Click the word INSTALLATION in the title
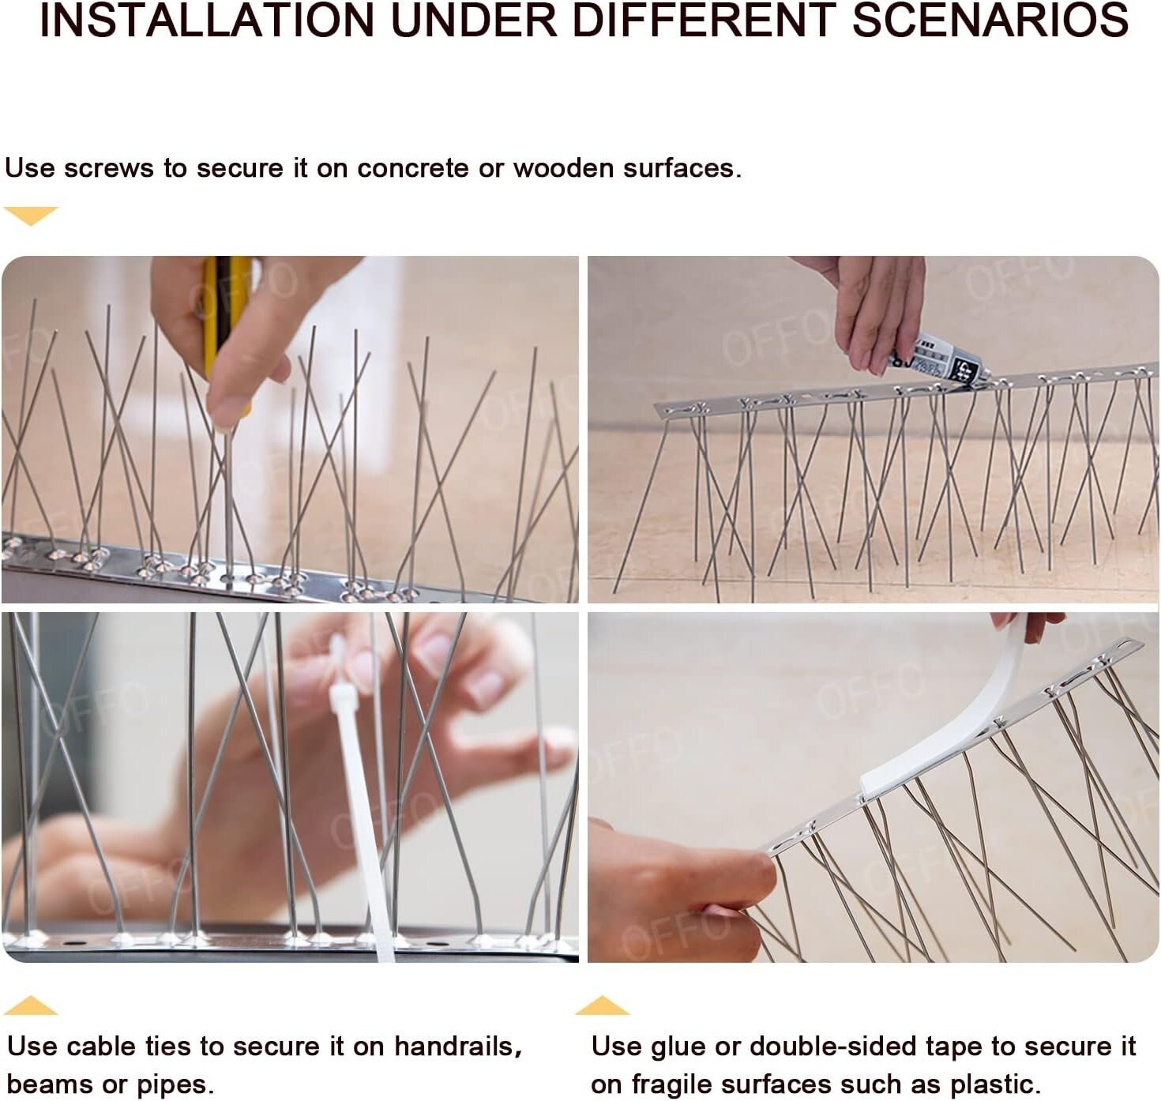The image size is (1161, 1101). [x=206, y=21]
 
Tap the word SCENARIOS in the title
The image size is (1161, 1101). [x=990, y=21]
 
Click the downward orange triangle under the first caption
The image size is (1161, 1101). [x=31, y=215]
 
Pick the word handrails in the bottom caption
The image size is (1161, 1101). [x=457, y=1047]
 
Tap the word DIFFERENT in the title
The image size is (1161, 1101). [x=703, y=21]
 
